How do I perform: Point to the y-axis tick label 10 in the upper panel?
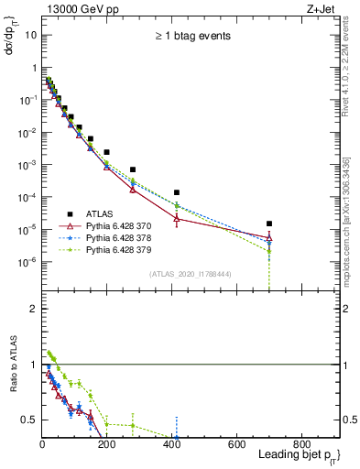pos(31,35)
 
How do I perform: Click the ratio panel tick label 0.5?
pos(29,420)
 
